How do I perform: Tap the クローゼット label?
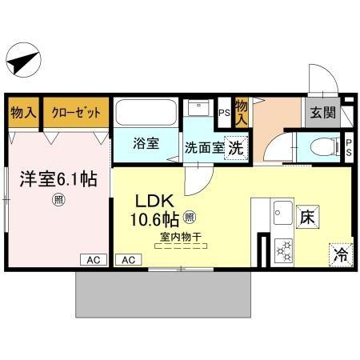77,113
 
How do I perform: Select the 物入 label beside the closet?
23,113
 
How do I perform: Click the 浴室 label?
146,145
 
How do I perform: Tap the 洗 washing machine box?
234,147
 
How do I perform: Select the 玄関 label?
323,113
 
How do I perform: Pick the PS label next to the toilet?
349,147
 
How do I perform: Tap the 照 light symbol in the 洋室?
58,200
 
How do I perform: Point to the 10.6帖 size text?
150,218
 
